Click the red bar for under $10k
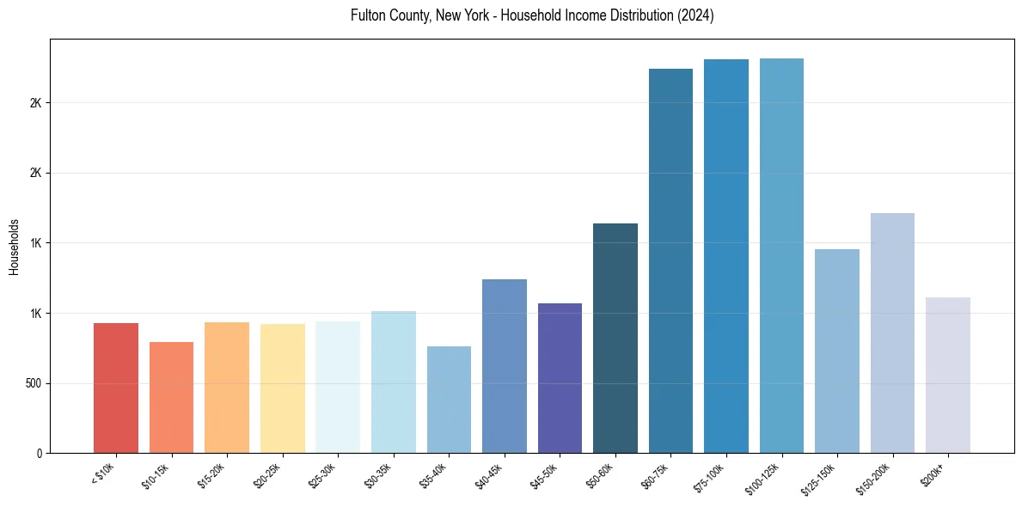pyautogui.click(x=116, y=388)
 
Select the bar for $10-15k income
pyautogui.click(x=171, y=397)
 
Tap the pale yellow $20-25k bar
pyautogui.click(x=282, y=388)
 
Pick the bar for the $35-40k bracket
pyautogui.click(x=449, y=400)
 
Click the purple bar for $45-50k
pyautogui.click(x=560, y=378)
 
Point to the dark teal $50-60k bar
pyautogui.click(x=615, y=338)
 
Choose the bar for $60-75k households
pyautogui.click(x=670, y=260)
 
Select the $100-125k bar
pyautogui.click(x=781, y=255)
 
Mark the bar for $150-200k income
pyautogui.click(x=892, y=333)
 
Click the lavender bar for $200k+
pyautogui.click(x=948, y=375)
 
